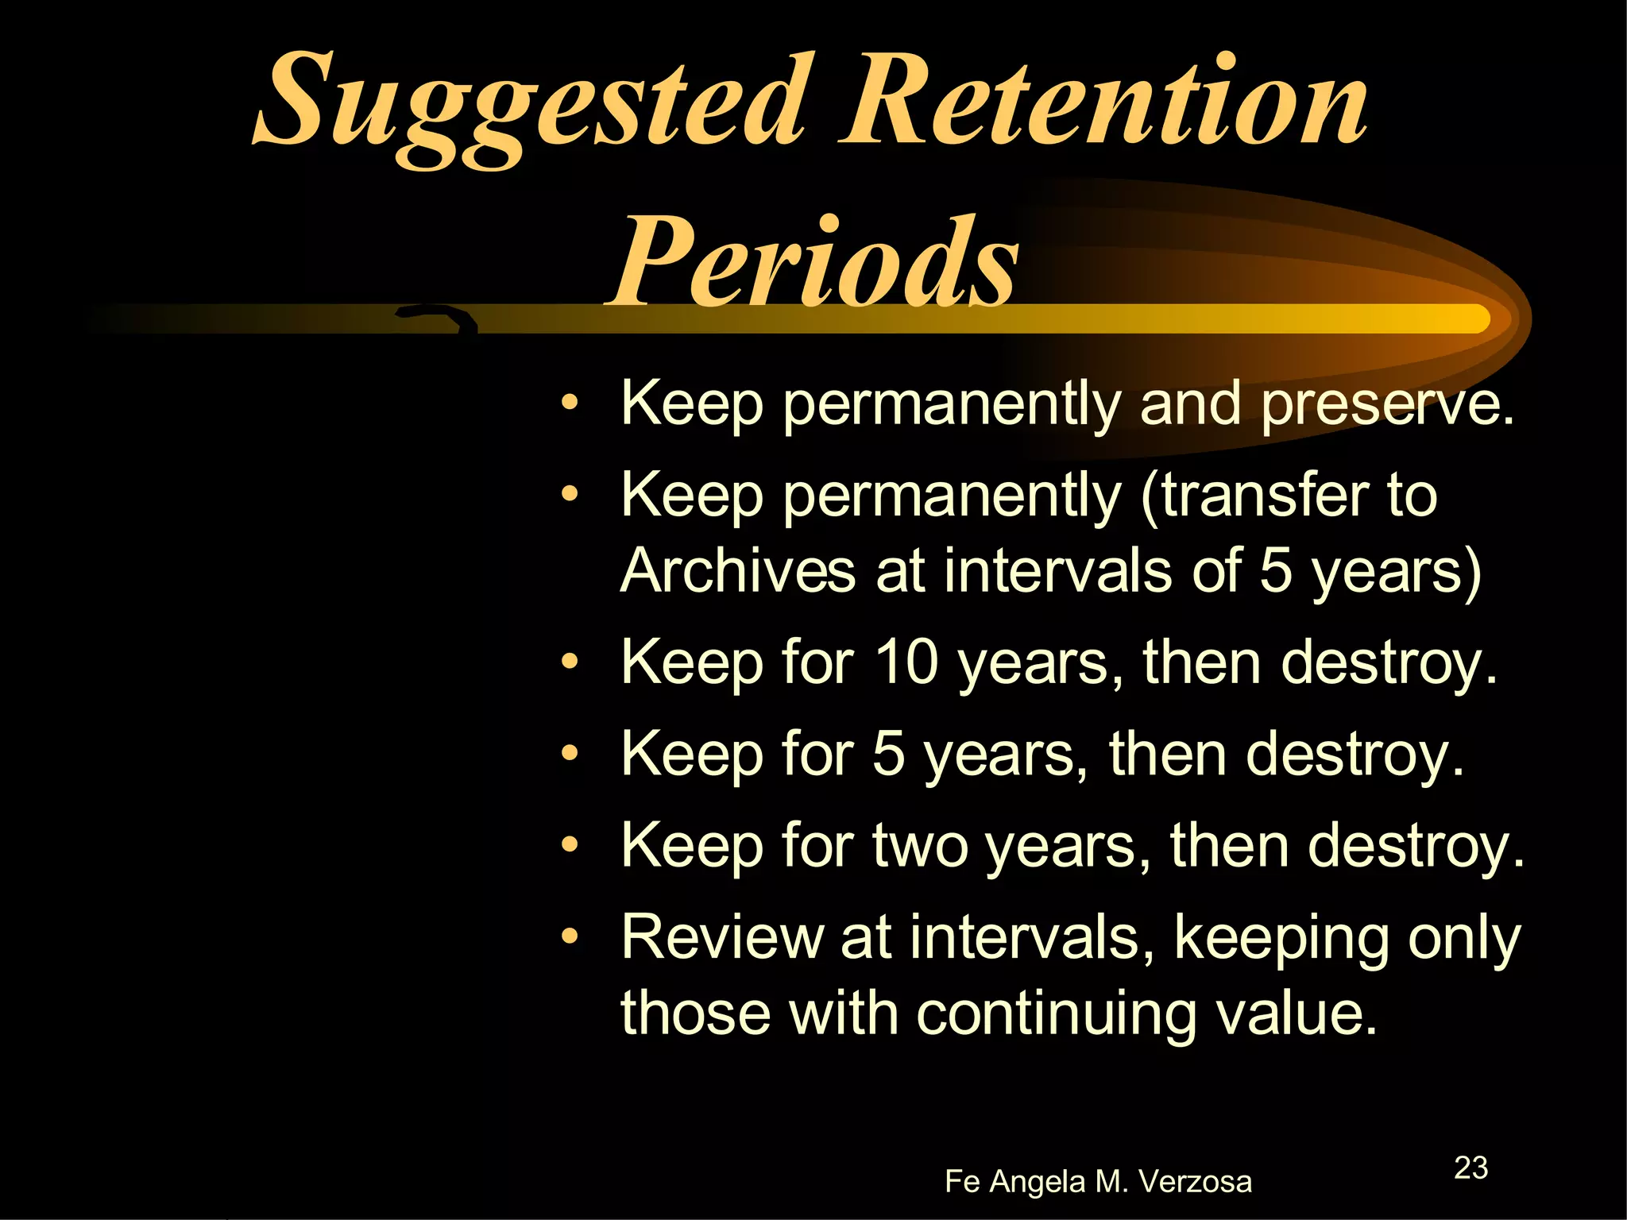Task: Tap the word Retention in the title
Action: [1104, 103]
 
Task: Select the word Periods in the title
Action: [814, 262]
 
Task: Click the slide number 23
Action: [1470, 1168]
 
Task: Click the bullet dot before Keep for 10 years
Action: [569, 662]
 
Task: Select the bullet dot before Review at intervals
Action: [569, 937]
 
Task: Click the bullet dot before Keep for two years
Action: [569, 845]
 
